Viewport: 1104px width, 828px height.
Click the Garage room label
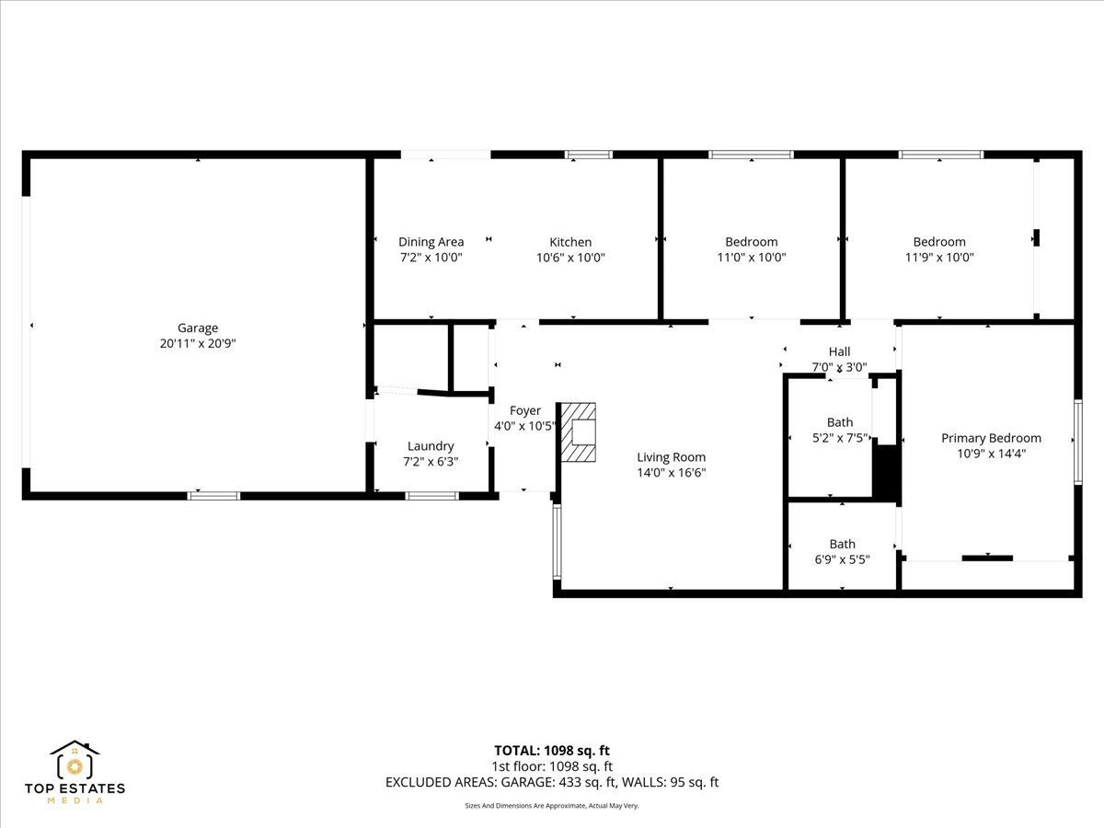click(x=198, y=328)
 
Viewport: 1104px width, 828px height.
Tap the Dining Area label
click(x=431, y=242)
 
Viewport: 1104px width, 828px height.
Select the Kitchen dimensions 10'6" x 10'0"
click(x=570, y=258)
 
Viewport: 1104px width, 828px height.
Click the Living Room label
click(x=672, y=457)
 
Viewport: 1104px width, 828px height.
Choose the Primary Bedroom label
click(x=992, y=439)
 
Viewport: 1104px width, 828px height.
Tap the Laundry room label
click(x=431, y=446)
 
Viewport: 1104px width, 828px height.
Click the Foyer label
click(x=525, y=410)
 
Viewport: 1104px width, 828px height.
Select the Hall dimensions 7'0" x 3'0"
click(x=839, y=367)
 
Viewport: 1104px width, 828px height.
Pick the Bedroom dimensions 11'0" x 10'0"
click(x=752, y=258)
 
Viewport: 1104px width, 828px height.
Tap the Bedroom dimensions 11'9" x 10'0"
click(x=939, y=258)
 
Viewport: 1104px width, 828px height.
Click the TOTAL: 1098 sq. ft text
click(x=552, y=751)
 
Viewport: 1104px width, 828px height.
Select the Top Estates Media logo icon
click(x=75, y=760)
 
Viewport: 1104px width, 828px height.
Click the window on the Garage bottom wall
click(x=213, y=496)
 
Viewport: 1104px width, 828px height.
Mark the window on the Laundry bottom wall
click(x=432, y=496)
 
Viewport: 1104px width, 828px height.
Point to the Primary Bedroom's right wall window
click(x=1078, y=443)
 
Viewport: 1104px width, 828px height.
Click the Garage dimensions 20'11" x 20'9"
click(x=198, y=344)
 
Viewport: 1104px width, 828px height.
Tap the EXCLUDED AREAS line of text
click(x=552, y=782)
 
